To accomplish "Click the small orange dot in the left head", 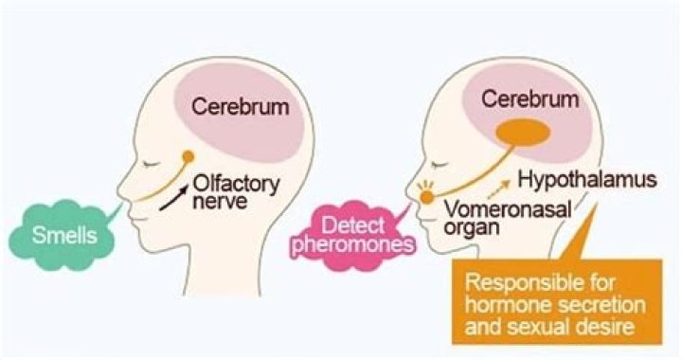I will tap(188, 156).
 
